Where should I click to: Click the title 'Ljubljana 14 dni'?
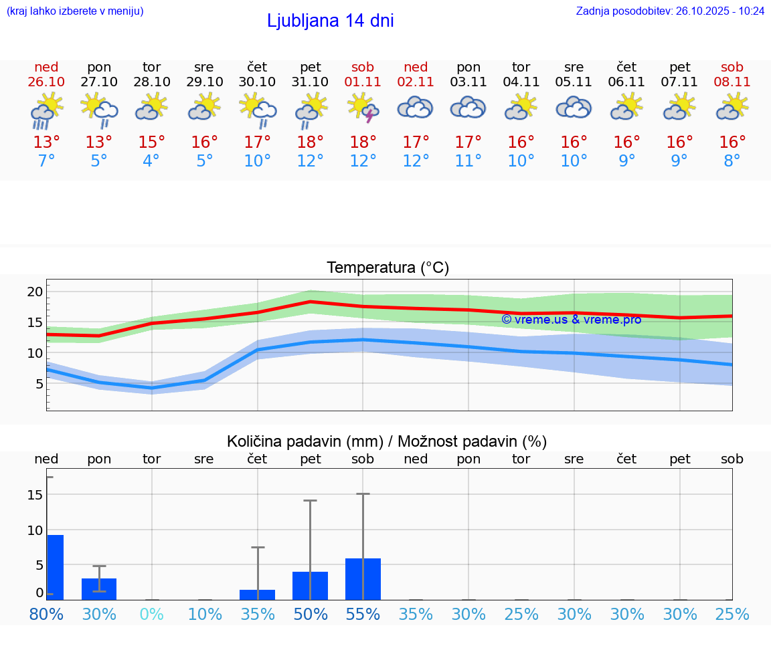coord(330,21)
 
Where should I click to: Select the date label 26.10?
coord(46,82)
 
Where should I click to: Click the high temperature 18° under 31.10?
coord(310,142)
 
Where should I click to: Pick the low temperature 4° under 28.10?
coord(151,161)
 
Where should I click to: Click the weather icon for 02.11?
coord(416,108)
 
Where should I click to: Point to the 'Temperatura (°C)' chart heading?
coord(388,268)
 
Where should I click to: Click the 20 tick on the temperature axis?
coord(35,292)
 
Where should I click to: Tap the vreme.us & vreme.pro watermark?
coord(571,320)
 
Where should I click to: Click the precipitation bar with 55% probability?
coord(363,579)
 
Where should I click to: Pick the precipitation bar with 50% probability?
coord(310,586)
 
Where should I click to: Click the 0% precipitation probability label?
coord(151,614)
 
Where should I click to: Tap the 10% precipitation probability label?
coord(204,614)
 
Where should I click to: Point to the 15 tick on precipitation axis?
coord(35,495)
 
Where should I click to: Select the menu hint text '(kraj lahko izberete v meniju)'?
coord(75,11)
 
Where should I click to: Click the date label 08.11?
coord(732,82)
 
